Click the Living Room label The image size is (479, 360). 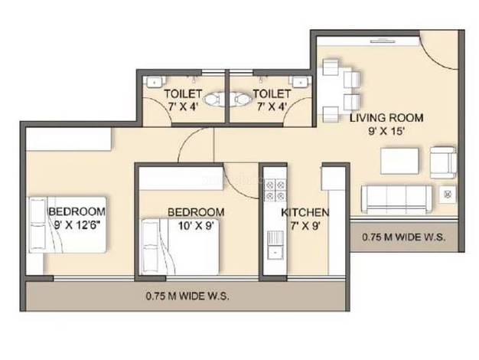pyautogui.click(x=386, y=118)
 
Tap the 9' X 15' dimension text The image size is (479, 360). pyautogui.click(x=386, y=131)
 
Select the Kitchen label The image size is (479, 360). pyautogui.click(x=305, y=212)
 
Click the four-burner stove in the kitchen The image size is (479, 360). pyautogui.click(x=275, y=190)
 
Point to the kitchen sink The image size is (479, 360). pyautogui.click(x=275, y=245)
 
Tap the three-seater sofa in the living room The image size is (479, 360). pyautogui.click(x=396, y=199)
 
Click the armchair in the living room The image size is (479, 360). pyautogui.click(x=444, y=162)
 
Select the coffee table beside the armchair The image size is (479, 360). pyautogui.click(x=399, y=161)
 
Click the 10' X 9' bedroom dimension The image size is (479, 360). pyautogui.click(x=196, y=226)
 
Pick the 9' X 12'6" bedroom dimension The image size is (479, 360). pyautogui.click(x=77, y=225)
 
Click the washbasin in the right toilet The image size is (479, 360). pyautogui.click(x=300, y=82)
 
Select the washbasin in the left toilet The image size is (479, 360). pyautogui.click(x=155, y=82)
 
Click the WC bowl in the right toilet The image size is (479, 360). pyautogui.click(x=243, y=99)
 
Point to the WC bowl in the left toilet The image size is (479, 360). pyautogui.click(x=213, y=99)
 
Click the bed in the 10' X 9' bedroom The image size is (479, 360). pyautogui.click(x=180, y=247)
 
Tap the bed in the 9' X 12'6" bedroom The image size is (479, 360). pyautogui.click(x=67, y=225)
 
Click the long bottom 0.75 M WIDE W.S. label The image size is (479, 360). pyautogui.click(x=187, y=296)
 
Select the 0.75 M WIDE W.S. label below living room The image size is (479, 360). pyautogui.click(x=403, y=237)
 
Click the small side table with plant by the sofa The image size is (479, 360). pyautogui.click(x=448, y=194)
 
